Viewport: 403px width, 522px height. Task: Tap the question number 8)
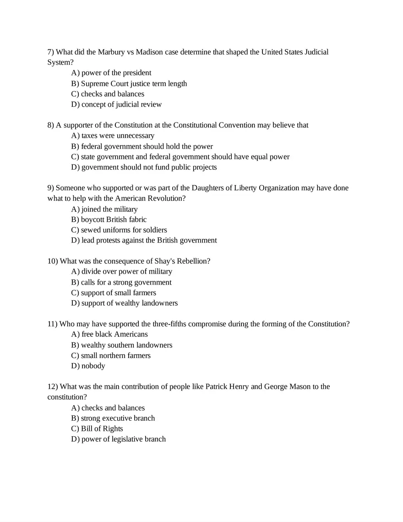point(51,125)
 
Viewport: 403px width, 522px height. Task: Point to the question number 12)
point(53,387)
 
